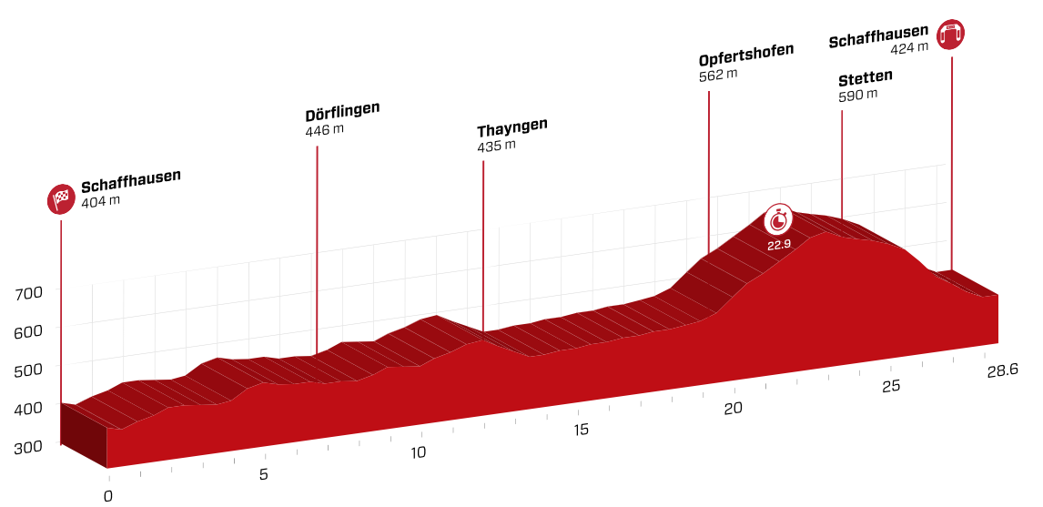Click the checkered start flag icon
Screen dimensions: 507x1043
click(x=61, y=198)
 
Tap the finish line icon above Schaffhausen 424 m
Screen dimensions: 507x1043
click(x=952, y=34)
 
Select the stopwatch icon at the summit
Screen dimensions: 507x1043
click(x=778, y=219)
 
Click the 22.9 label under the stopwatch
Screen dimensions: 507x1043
click(x=778, y=246)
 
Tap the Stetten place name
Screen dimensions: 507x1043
click(x=866, y=76)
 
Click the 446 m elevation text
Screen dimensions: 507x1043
click(x=325, y=131)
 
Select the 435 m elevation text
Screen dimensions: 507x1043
click(x=496, y=146)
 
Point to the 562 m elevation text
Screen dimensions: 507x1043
click(x=718, y=75)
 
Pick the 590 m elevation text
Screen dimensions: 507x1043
click(x=858, y=94)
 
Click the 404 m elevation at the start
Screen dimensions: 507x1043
click(x=100, y=200)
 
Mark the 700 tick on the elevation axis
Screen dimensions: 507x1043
click(x=29, y=293)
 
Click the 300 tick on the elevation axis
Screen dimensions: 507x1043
click(x=29, y=447)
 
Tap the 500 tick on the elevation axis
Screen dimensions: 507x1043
click(x=29, y=370)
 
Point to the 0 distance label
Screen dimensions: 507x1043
click(x=108, y=496)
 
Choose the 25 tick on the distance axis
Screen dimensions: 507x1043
click(x=891, y=386)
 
